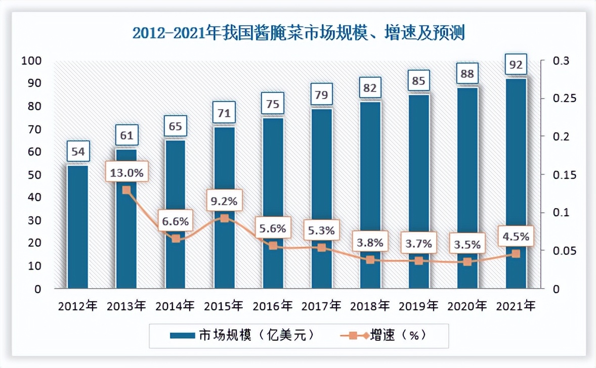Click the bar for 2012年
point(78,227)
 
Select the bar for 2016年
point(273,202)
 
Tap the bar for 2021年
point(516,182)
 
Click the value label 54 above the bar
point(78,152)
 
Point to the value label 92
point(516,64)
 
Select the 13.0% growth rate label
point(126,173)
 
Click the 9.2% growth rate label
point(224,201)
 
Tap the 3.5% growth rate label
point(467,246)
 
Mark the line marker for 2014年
point(176,239)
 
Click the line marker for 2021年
point(516,254)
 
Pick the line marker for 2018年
point(370,260)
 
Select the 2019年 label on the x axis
point(418,306)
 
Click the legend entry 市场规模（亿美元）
point(242,335)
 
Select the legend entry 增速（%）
point(385,335)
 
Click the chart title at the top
point(298,33)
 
